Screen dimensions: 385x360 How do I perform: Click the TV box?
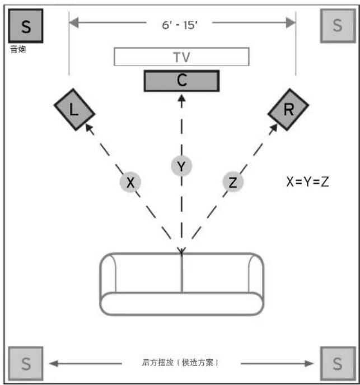(181, 57)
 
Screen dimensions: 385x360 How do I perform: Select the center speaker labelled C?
(181, 81)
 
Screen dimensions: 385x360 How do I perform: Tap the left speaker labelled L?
(74, 109)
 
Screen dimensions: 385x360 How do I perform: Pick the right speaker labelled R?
(288, 110)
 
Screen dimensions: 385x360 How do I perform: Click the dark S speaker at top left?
(26, 26)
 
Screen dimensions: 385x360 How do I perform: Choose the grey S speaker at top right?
(337, 25)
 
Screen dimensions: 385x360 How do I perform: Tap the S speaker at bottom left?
(26, 364)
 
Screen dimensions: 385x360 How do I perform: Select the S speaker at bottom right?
(337, 364)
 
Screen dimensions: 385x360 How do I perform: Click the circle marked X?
(130, 183)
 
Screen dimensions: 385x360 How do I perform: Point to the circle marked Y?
(181, 166)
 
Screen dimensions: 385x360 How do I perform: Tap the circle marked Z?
(233, 183)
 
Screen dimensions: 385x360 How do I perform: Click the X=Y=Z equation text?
(307, 182)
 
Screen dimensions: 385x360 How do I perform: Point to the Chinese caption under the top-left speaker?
(18, 49)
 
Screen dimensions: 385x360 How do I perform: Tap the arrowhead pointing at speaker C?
(181, 98)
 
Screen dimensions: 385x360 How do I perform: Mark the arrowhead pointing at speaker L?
(87, 127)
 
